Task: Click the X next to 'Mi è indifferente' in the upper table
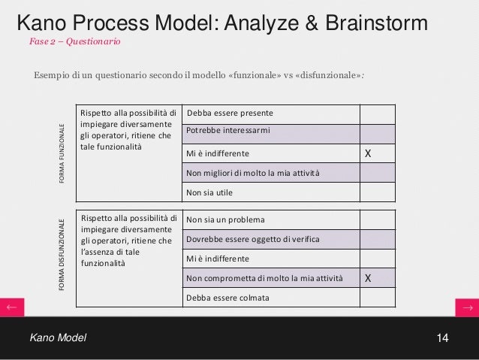point(368,154)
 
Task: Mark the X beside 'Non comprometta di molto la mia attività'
point(368,278)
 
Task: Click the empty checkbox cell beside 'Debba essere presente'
point(377,113)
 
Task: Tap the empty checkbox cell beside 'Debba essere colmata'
point(377,298)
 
